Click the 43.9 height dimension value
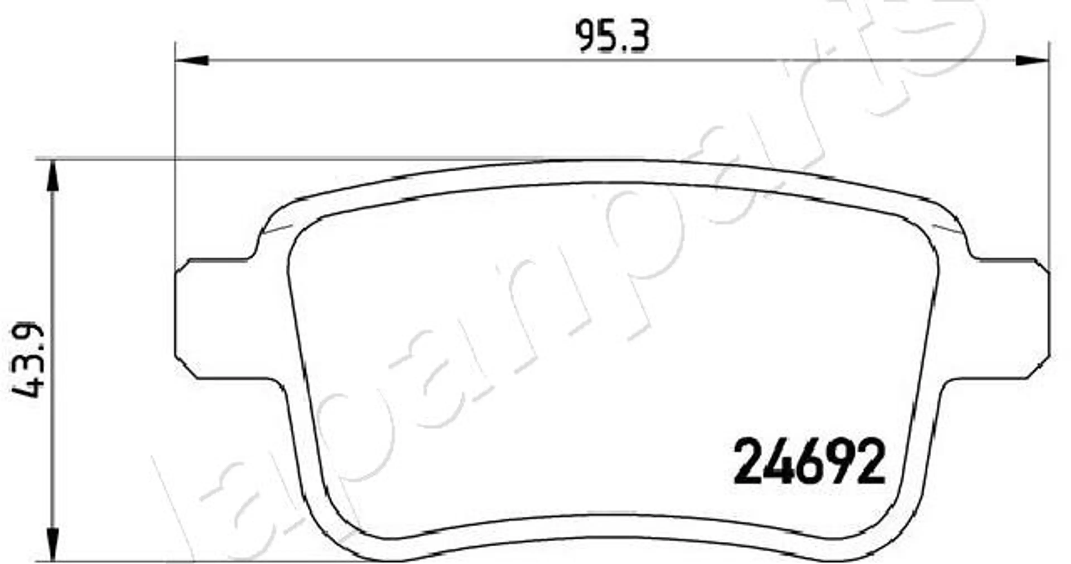(x=28, y=360)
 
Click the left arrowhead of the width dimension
(x=192, y=60)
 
